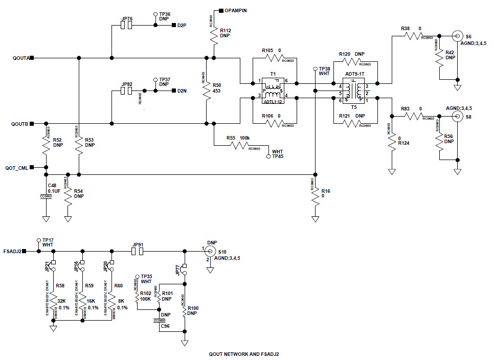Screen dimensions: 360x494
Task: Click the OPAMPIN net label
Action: click(x=236, y=10)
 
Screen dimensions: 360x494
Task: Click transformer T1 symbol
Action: click(x=272, y=90)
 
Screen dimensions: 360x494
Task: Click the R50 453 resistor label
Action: click(x=217, y=88)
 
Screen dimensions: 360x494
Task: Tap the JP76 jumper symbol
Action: click(x=127, y=25)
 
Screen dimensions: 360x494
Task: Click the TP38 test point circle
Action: click(x=315, y=69)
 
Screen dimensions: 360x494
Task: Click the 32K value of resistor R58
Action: click(x=63, y=301)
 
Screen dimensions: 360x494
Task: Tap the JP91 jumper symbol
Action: click(x=138, y=252)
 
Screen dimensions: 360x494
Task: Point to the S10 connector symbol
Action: click(x=209, y=252)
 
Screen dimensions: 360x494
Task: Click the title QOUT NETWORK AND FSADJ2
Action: click(x=244, y=354)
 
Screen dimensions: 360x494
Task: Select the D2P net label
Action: click(x=182, y=25)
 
